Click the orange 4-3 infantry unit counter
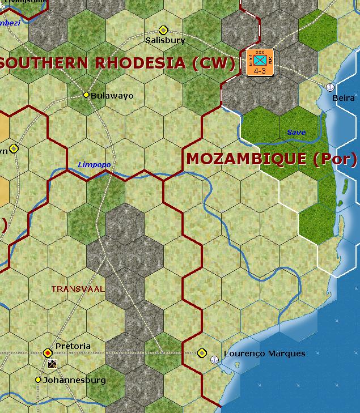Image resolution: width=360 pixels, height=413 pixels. click(260, 62)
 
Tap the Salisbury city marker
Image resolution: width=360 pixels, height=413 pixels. click(163, 29)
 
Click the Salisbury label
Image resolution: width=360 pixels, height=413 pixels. click(165, 40)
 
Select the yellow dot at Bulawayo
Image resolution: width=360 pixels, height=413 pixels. click(87, 95)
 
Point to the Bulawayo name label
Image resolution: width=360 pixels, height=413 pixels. click(112, 96)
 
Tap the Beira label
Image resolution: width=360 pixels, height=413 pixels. click(344, 98)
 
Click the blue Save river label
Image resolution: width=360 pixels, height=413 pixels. click(296, 133)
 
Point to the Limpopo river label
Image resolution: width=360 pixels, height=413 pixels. click(94, 165)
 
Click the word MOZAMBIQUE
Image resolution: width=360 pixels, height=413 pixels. click(247, 159)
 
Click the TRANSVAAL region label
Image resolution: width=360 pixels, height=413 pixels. click(78, 289)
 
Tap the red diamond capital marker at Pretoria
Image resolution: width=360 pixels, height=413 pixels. click(48, 353)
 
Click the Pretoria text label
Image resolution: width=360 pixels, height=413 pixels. click(73, 346)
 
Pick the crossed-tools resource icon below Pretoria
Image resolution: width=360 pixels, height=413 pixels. click(53, 364)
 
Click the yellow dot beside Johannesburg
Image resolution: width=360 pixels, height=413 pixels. click(38, 380)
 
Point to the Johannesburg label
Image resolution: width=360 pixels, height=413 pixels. click(74, 380)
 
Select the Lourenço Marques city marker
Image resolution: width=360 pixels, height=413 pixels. click(202, 353)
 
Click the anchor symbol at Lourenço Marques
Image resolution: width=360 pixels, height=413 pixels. click(214, 359)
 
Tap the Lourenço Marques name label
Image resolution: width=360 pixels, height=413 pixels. click(264, 354)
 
